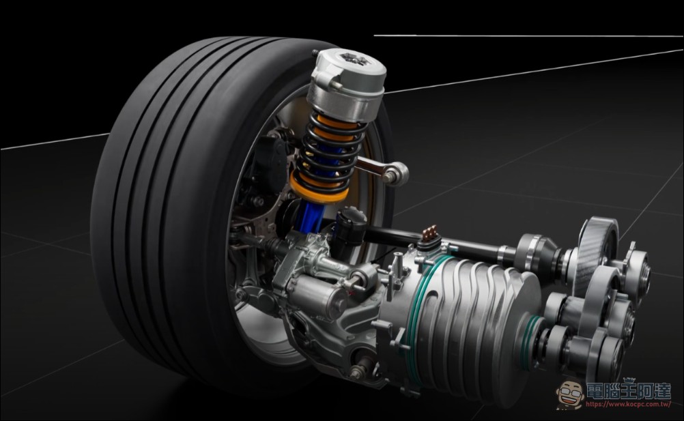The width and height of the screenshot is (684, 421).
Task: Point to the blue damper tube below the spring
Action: [310, 216]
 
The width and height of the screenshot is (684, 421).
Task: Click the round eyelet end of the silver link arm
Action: [396, 173]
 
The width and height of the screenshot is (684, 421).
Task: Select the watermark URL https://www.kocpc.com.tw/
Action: [628, 405]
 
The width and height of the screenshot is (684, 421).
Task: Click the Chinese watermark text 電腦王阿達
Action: [628, 391]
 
